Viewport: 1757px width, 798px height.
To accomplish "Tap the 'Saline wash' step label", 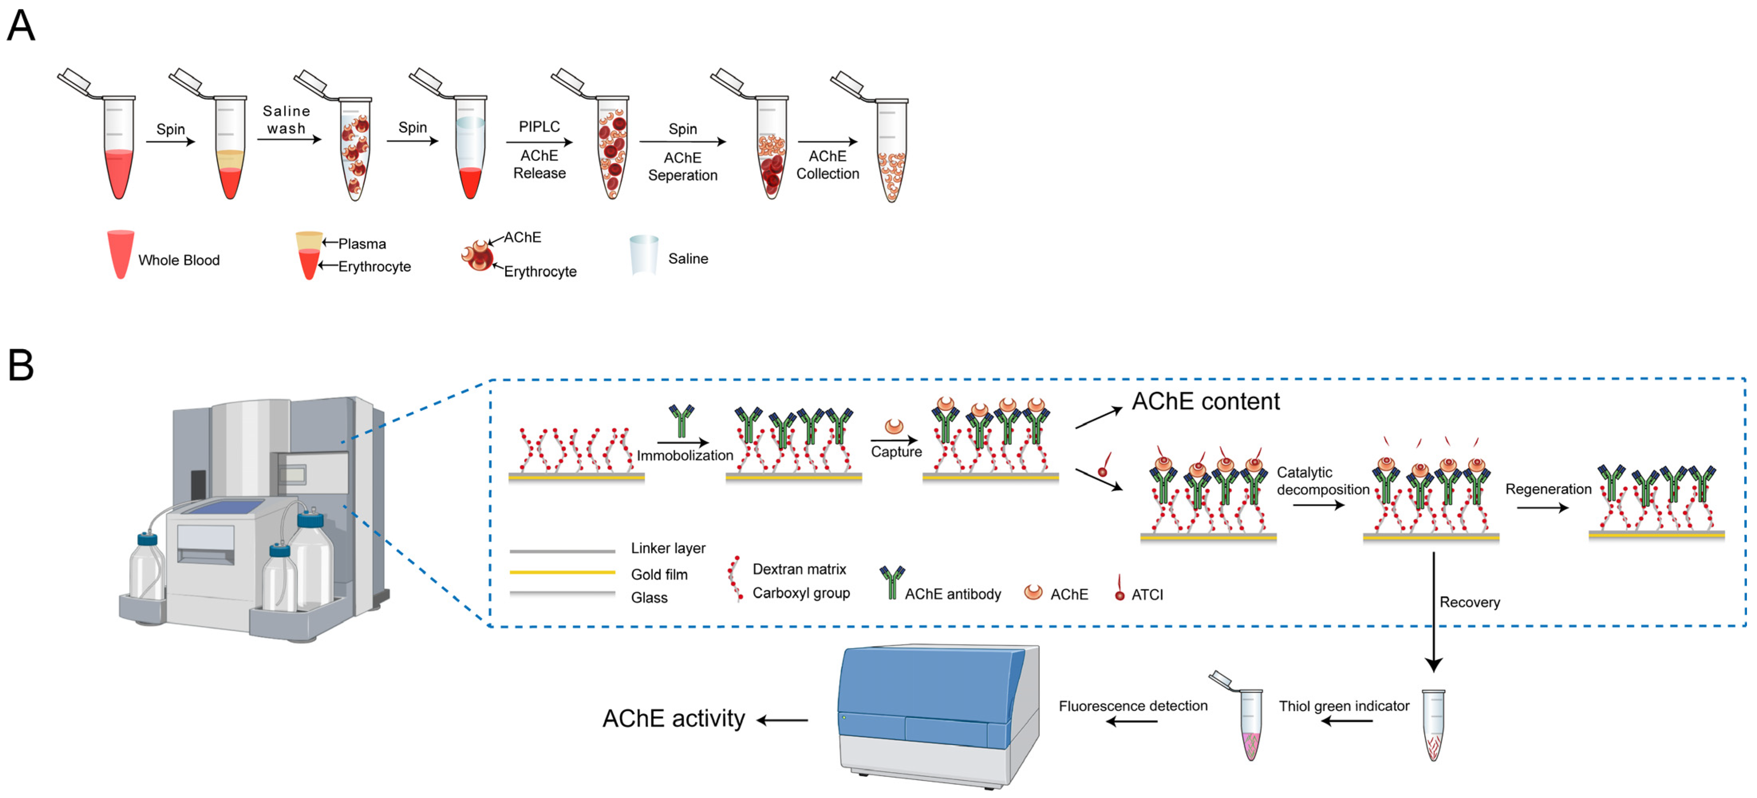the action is tap(287, 119).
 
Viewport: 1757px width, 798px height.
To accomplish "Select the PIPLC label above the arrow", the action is tap(539, 127).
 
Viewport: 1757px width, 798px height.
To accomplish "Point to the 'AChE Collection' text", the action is tap(827, 165).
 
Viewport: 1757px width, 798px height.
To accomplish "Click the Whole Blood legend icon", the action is tap(120, 254).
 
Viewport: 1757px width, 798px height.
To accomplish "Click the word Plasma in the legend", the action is tap(362, 244).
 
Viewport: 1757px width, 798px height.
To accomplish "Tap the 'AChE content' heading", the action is tap(1205, 401).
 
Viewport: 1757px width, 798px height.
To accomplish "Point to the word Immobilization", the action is tap(685, 455).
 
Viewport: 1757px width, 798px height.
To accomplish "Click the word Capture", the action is tap(896, 451).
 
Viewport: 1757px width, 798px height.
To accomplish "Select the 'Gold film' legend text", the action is tap(659, 574).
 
